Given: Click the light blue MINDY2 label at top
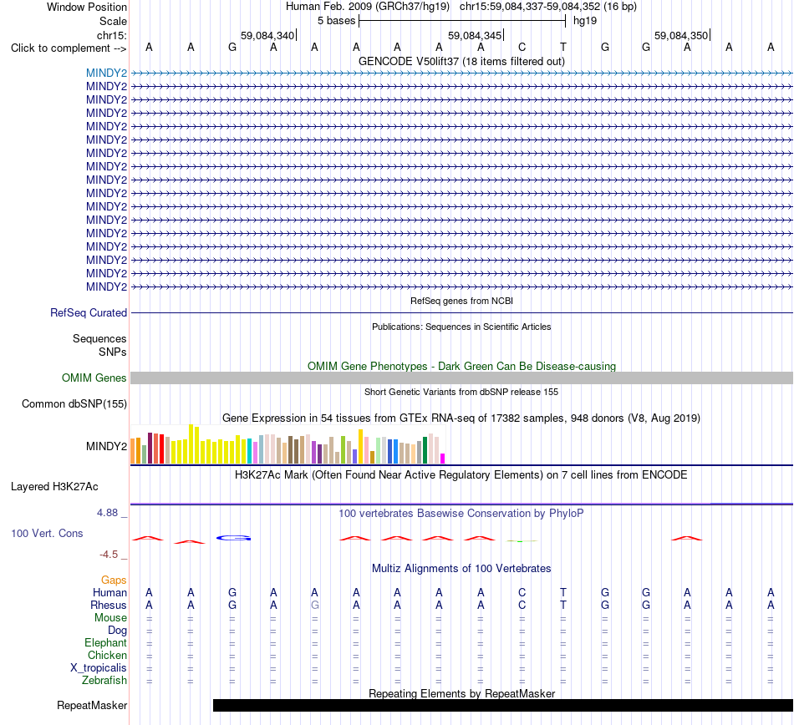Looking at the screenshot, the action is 106,73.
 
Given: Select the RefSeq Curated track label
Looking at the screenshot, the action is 89,312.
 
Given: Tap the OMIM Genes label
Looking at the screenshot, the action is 94,378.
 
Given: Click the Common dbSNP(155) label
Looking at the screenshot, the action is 74,403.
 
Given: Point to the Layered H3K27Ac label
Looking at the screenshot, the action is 54,487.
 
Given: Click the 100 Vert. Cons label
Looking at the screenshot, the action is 47,533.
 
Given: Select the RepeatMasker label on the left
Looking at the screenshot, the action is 92,705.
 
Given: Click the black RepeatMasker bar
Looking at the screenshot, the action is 503,705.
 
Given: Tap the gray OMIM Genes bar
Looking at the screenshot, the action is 462,378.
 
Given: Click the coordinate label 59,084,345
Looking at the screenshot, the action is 475,36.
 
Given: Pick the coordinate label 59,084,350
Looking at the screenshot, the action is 681,36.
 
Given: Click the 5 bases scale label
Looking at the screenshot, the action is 337,21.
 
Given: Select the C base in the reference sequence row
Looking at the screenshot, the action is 522,47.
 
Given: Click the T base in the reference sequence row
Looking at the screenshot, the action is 563,47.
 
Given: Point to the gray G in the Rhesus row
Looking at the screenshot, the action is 315,605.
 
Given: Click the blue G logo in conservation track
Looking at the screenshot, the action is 233,538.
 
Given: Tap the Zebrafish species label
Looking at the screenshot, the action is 104,681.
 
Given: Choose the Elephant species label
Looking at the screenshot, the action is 106,642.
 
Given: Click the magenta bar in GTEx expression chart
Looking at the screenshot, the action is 443,459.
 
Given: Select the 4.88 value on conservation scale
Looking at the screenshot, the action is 107,513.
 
